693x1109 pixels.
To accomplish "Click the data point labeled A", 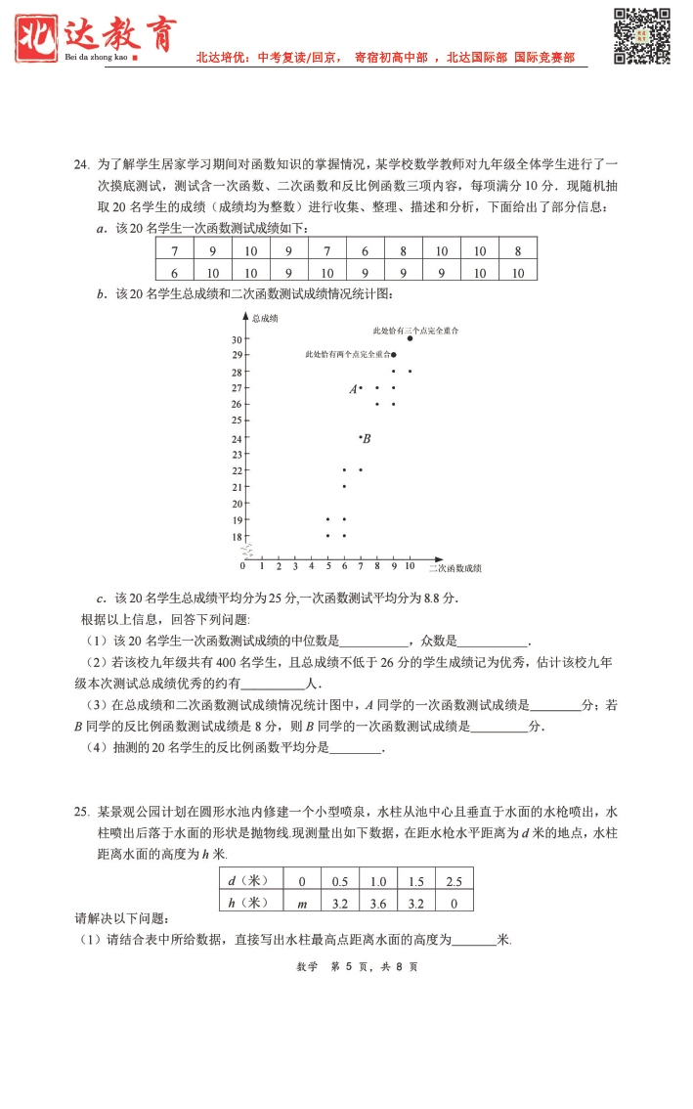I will click(x=361, y=388).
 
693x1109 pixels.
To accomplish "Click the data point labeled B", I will click(x=361, y=437).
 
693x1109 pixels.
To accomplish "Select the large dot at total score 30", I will click(x=410, y=339).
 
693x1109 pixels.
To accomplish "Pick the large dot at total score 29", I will click(x=394, y=355).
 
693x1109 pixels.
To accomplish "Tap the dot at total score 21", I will click(x=344, y=486).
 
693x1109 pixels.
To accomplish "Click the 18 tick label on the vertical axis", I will click(x=236, y=537).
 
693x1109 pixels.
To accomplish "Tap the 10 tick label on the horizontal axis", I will click(x=411, y=566).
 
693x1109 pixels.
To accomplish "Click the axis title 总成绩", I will click(x=265, y=319).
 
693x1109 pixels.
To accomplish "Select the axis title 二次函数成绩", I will click(x=455, y=567).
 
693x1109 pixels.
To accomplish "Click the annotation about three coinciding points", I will click(x=415, y=331).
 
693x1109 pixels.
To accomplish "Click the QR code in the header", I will click(x=641, y=36).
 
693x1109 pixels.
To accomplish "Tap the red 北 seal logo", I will click(x=38, y=32).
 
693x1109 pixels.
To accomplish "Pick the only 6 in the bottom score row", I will click(x=174, y=273).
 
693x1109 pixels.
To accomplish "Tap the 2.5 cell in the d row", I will click(x=454, y=881).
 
